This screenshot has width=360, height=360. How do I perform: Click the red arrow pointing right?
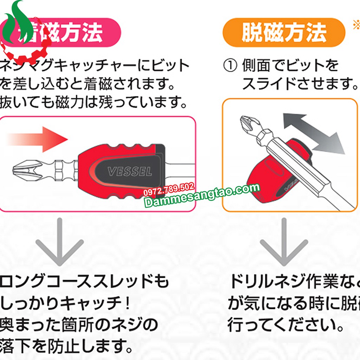tap(37, 139)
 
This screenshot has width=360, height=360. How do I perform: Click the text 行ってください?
tap(285, 325)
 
